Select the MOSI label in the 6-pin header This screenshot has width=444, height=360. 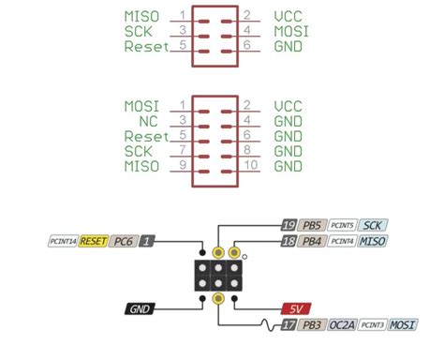point(292,31)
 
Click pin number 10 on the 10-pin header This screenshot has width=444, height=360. point(250,166)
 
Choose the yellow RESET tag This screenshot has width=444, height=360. point(94,241)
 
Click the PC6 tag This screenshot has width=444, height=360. point(123,241)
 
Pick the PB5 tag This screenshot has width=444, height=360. point(312,225)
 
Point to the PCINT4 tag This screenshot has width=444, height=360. point(344,241)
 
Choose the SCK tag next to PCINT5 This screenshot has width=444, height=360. point(373,225)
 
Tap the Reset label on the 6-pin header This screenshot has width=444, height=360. point(144,46)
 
